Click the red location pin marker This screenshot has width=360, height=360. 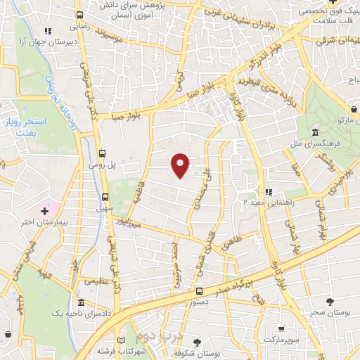181,165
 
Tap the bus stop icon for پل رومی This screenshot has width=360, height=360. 103,153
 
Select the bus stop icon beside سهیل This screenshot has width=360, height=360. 105,197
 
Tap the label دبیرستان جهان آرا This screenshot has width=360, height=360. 47,41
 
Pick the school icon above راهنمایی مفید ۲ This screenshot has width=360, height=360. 268,192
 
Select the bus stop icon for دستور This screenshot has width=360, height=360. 199,290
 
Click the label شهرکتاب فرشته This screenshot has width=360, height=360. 141,349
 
